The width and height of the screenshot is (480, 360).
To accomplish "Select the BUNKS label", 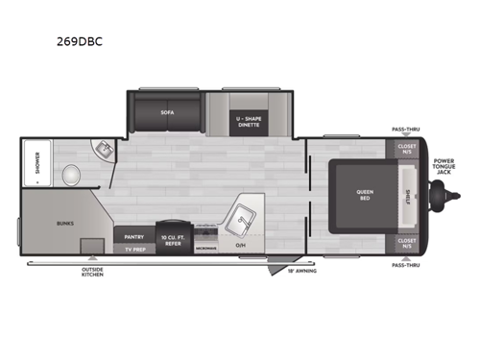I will [x=65, y=223].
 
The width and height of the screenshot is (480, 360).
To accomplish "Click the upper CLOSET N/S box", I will [x=406, y=149].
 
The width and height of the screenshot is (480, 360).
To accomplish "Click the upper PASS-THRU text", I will [x=405, y=127].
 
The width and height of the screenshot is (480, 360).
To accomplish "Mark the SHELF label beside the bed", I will [x=408, y=195].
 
